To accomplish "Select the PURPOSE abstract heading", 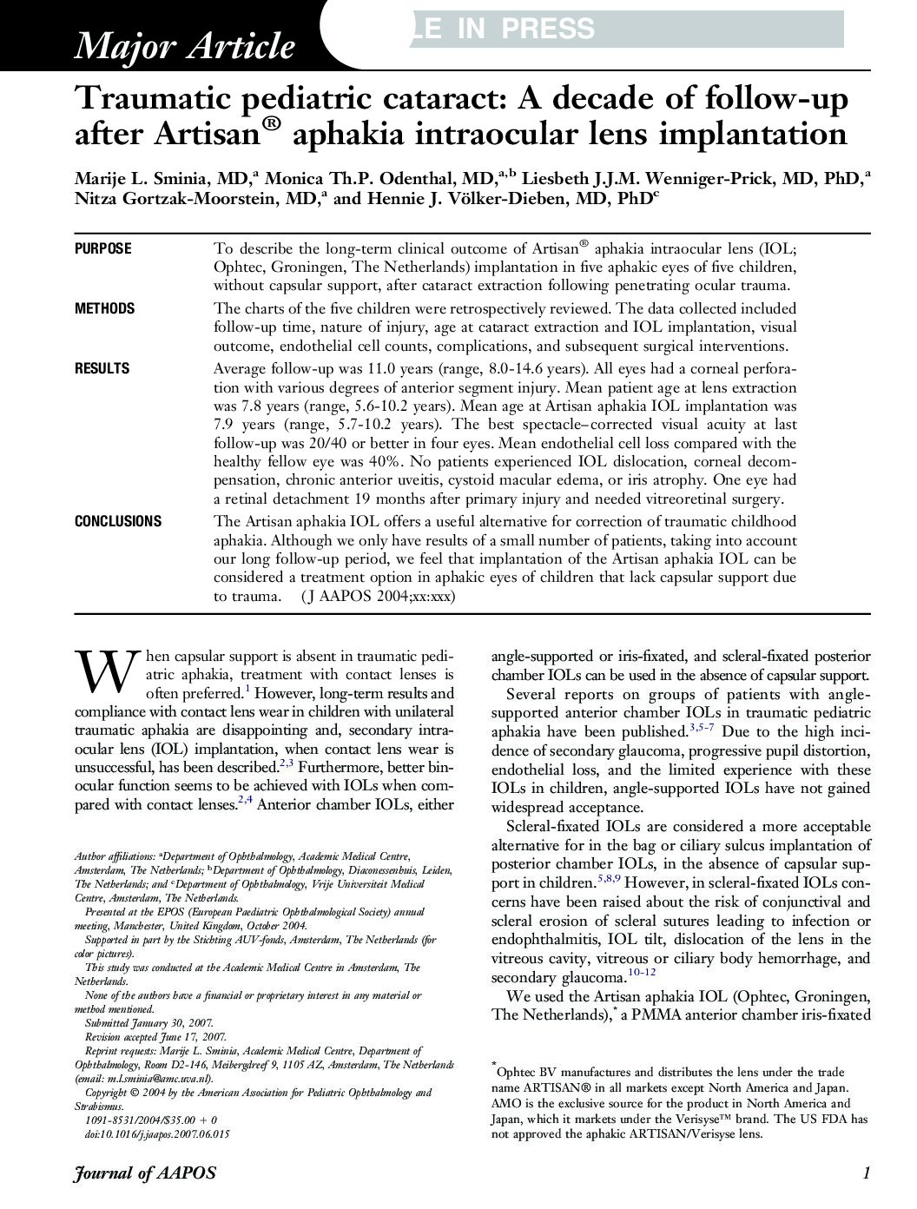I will (x=103, y=248).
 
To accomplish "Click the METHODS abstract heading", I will (x=105, y=308).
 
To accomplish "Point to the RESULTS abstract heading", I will (x=102, y=368).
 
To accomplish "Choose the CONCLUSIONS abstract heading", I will (x=118, y=521).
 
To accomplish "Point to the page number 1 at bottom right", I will (x=866, y=1173).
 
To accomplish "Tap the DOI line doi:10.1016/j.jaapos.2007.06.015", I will (x=157, y=1133).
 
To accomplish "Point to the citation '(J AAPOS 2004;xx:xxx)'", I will (x=378, y=597).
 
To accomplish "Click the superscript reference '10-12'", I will (x=641, y=972).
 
